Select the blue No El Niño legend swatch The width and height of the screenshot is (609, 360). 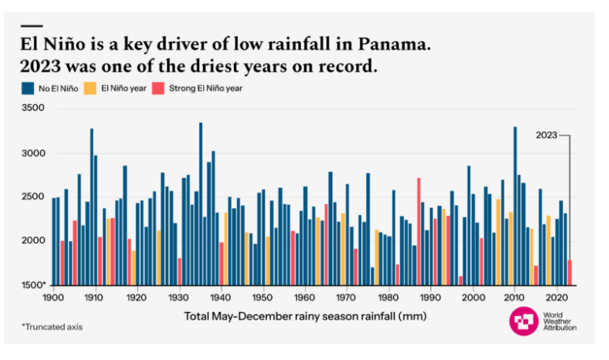(26, 88)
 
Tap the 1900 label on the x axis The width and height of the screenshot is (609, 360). (53, 298)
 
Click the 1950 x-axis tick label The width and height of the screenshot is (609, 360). (262, 298)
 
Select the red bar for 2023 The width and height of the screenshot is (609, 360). (570, 272)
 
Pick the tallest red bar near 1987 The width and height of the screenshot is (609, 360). (418, 231)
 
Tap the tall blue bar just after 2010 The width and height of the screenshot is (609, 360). (514, 206)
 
